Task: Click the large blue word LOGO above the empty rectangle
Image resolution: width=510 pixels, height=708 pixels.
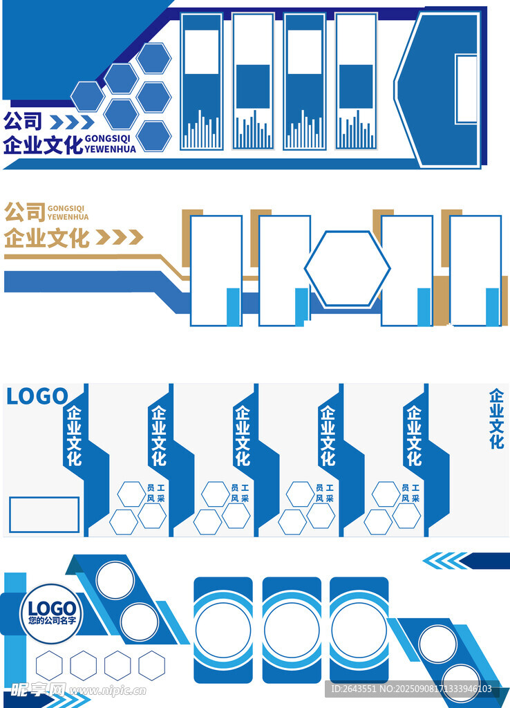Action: coord(37,397)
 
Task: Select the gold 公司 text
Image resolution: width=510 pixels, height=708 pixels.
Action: coord(24,212)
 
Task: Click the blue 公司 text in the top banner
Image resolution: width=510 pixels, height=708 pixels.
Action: coord(23,122)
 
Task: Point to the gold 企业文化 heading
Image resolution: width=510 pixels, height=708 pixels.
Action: coord(47,238)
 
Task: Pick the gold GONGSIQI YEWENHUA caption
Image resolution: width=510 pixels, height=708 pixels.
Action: coord(68,212)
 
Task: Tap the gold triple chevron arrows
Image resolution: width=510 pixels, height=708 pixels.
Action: coord(119,238)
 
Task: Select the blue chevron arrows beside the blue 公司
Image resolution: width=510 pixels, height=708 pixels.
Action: coord(72,122)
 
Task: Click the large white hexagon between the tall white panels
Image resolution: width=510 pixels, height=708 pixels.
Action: coord(347,268)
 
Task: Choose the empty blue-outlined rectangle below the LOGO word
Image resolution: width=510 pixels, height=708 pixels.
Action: coord(44,514)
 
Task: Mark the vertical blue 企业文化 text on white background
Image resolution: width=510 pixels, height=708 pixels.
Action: coord(496,419)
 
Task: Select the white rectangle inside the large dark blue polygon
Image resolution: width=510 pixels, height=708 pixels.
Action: coord(466,89)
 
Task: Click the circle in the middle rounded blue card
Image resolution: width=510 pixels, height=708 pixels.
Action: coord(291,631)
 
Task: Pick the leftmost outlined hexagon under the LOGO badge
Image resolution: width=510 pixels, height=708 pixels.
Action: coord(49,665)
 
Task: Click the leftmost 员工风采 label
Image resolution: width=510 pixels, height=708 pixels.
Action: coord(155,493)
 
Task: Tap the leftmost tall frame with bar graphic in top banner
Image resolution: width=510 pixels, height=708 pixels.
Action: coord(201,82)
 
